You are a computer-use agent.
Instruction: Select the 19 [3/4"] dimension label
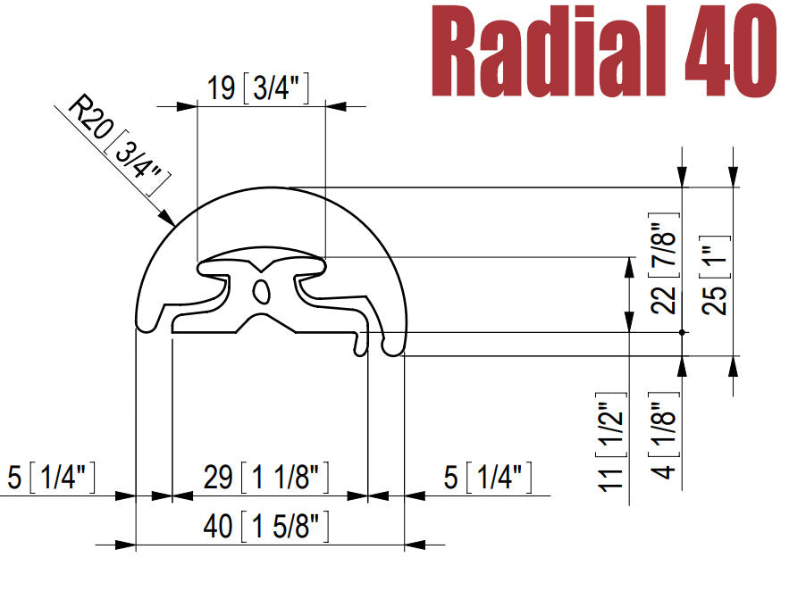coord(258,87)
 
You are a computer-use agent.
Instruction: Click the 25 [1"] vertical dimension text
coord(714,275)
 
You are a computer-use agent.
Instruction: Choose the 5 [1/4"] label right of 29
coord(488,478)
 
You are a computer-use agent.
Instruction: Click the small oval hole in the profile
coord(261,290)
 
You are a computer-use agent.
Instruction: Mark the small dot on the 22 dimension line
coord(683,332)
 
